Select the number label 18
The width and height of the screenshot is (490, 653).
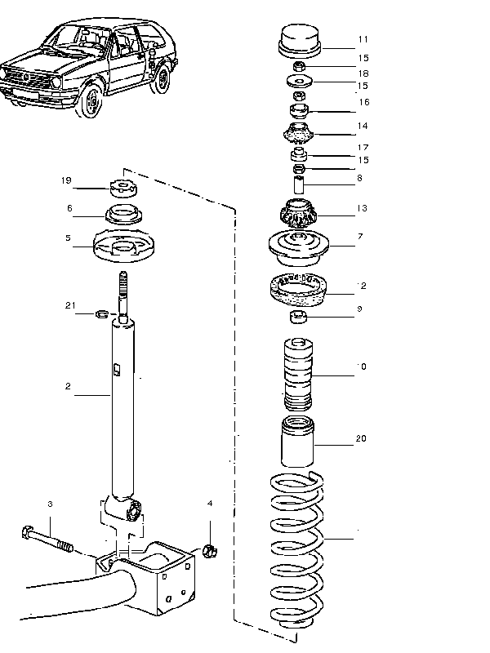pyautogui.click(x=363, y=73)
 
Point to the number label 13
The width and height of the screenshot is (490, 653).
pyautogui.click(x=362, y=208)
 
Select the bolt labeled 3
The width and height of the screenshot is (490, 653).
pyautogui.click(x=44, y=540)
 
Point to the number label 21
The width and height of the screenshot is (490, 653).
pyautogui.click(x=70, y=306)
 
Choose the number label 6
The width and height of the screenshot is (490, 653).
pyautogui.click(x=70, y=208)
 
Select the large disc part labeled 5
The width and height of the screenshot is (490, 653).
pyautogui.click(x=124, y=246)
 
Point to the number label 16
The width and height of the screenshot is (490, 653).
pyautogui.click(x=363, y=102)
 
